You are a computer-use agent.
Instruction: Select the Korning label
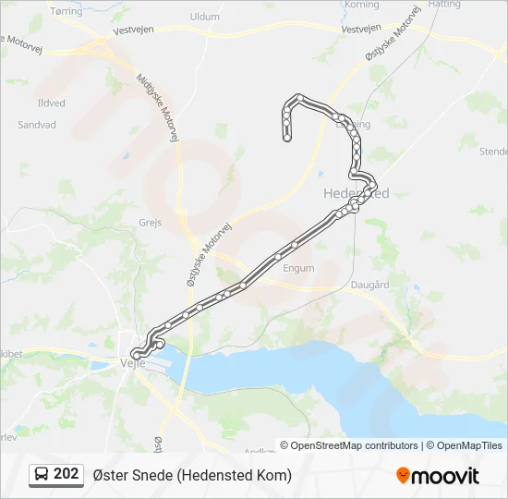[x=361, y=5]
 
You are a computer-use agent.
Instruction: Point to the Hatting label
[x=444, y=5]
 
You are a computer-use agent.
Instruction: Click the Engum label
[x=299, y=268]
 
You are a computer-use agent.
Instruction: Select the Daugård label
[x=369, y=286]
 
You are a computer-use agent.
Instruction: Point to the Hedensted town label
[x=357, y=193]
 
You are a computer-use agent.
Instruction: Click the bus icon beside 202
[x=42, y=474]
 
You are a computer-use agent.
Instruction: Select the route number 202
[x=67, y=474]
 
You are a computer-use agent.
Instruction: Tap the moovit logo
[x=438, y=476]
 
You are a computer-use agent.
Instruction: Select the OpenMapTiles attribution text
[x=466, y=445]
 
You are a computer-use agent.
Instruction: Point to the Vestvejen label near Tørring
[x=133, y=30]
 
